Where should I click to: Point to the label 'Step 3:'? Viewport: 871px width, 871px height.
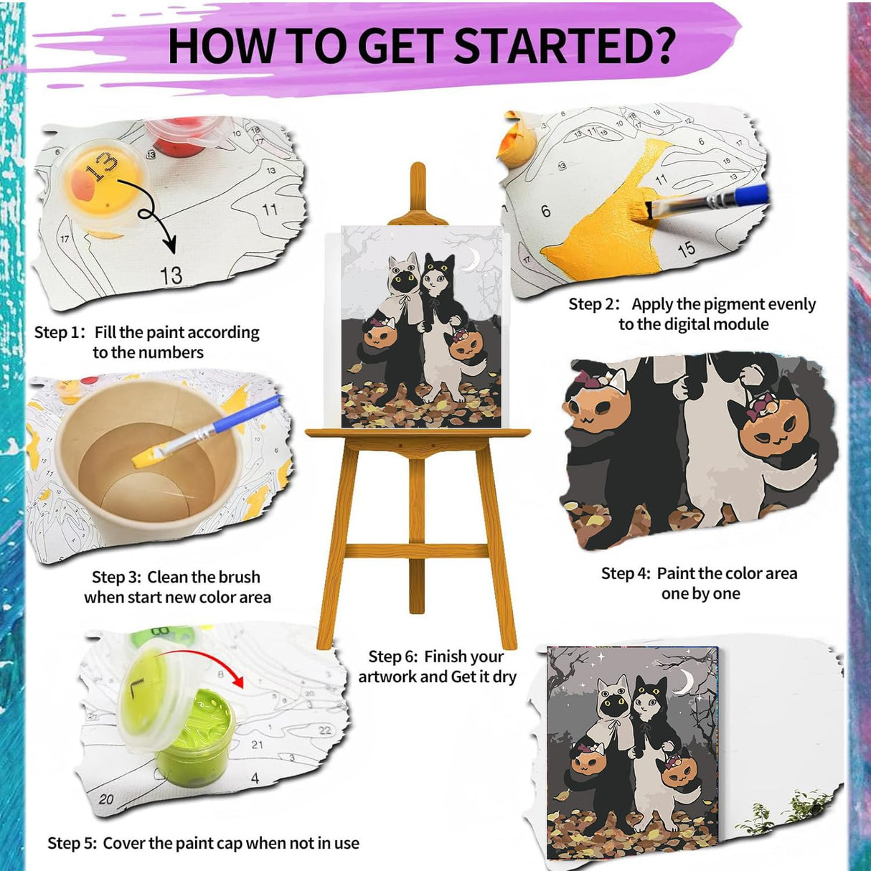click(x=116, y=578)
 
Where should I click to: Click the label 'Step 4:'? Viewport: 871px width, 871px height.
click(x=626, y=574)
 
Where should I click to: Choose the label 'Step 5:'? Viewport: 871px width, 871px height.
click(x=72, y=844)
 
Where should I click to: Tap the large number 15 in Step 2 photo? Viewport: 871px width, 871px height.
click(x=687, y=249)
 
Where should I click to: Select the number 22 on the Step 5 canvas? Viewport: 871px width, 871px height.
click(x=325, y=730)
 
